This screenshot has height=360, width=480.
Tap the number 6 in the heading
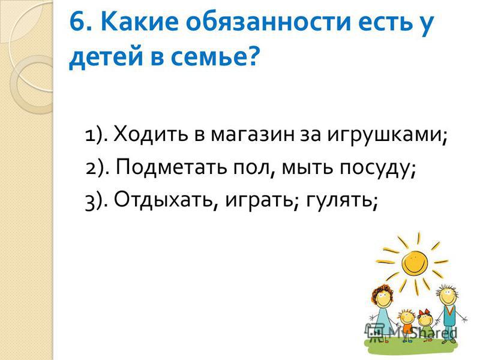[77, 22]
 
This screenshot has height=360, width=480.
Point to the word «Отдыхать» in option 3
[163, 200]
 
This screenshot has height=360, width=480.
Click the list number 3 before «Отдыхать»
[90, 203]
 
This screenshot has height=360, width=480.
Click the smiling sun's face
[414, 263]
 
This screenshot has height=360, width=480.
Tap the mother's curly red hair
[381, 292]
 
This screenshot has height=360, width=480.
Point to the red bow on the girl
[425, 313]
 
